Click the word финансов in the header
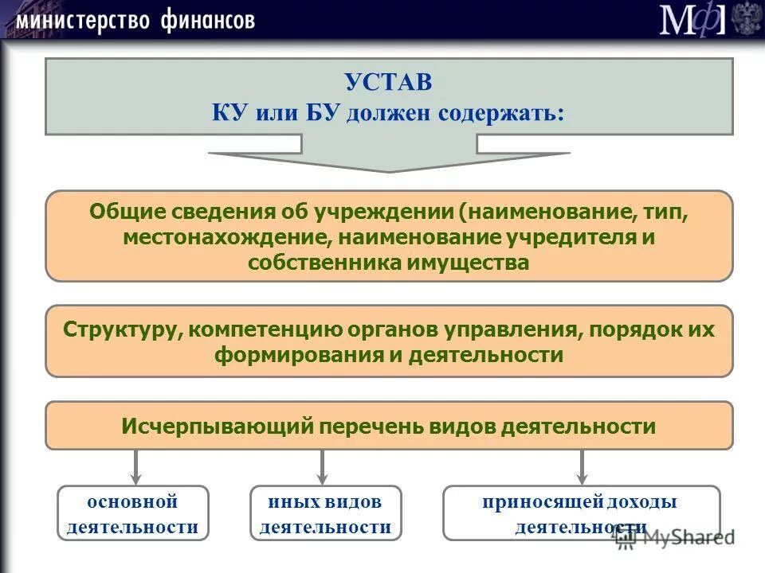pos(207,20)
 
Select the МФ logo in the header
pos(692,19)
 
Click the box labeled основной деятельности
pos(132,513)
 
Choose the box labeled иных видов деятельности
pos(325,513)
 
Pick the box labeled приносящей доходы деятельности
pos(580,513)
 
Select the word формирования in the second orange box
pos(299,355)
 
